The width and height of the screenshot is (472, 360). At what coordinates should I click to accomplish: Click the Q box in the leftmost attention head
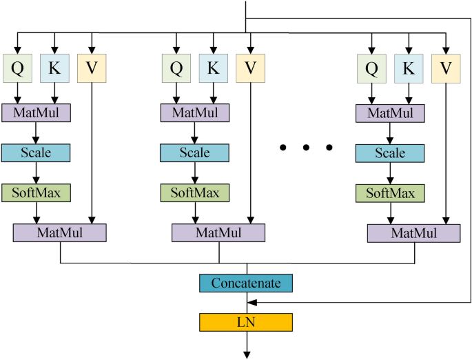17,68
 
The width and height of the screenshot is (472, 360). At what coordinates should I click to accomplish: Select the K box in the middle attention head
213,68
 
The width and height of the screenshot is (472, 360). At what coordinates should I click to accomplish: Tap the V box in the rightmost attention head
446,68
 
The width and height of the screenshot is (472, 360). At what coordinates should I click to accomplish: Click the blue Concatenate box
246,283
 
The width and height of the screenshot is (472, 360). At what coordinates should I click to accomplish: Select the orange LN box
246,321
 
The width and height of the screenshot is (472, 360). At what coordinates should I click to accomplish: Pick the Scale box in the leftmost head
35,152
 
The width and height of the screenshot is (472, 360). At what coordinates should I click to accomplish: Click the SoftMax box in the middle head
195,192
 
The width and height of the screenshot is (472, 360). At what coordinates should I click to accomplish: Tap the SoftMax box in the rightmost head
390,192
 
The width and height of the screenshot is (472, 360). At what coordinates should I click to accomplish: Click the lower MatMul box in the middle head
218,232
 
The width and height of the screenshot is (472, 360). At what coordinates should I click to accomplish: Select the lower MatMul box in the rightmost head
413,233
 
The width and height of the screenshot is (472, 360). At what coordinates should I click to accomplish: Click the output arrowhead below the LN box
246,354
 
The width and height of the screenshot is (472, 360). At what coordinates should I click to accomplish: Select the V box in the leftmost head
92,68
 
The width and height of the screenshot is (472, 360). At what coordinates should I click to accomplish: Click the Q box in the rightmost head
371,68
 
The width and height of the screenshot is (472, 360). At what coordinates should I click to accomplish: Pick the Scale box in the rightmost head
390,152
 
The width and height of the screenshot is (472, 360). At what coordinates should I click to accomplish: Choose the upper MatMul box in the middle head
195,112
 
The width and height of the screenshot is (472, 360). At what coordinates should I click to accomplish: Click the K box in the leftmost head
54,68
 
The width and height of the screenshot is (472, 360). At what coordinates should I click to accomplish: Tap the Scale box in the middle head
195,152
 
